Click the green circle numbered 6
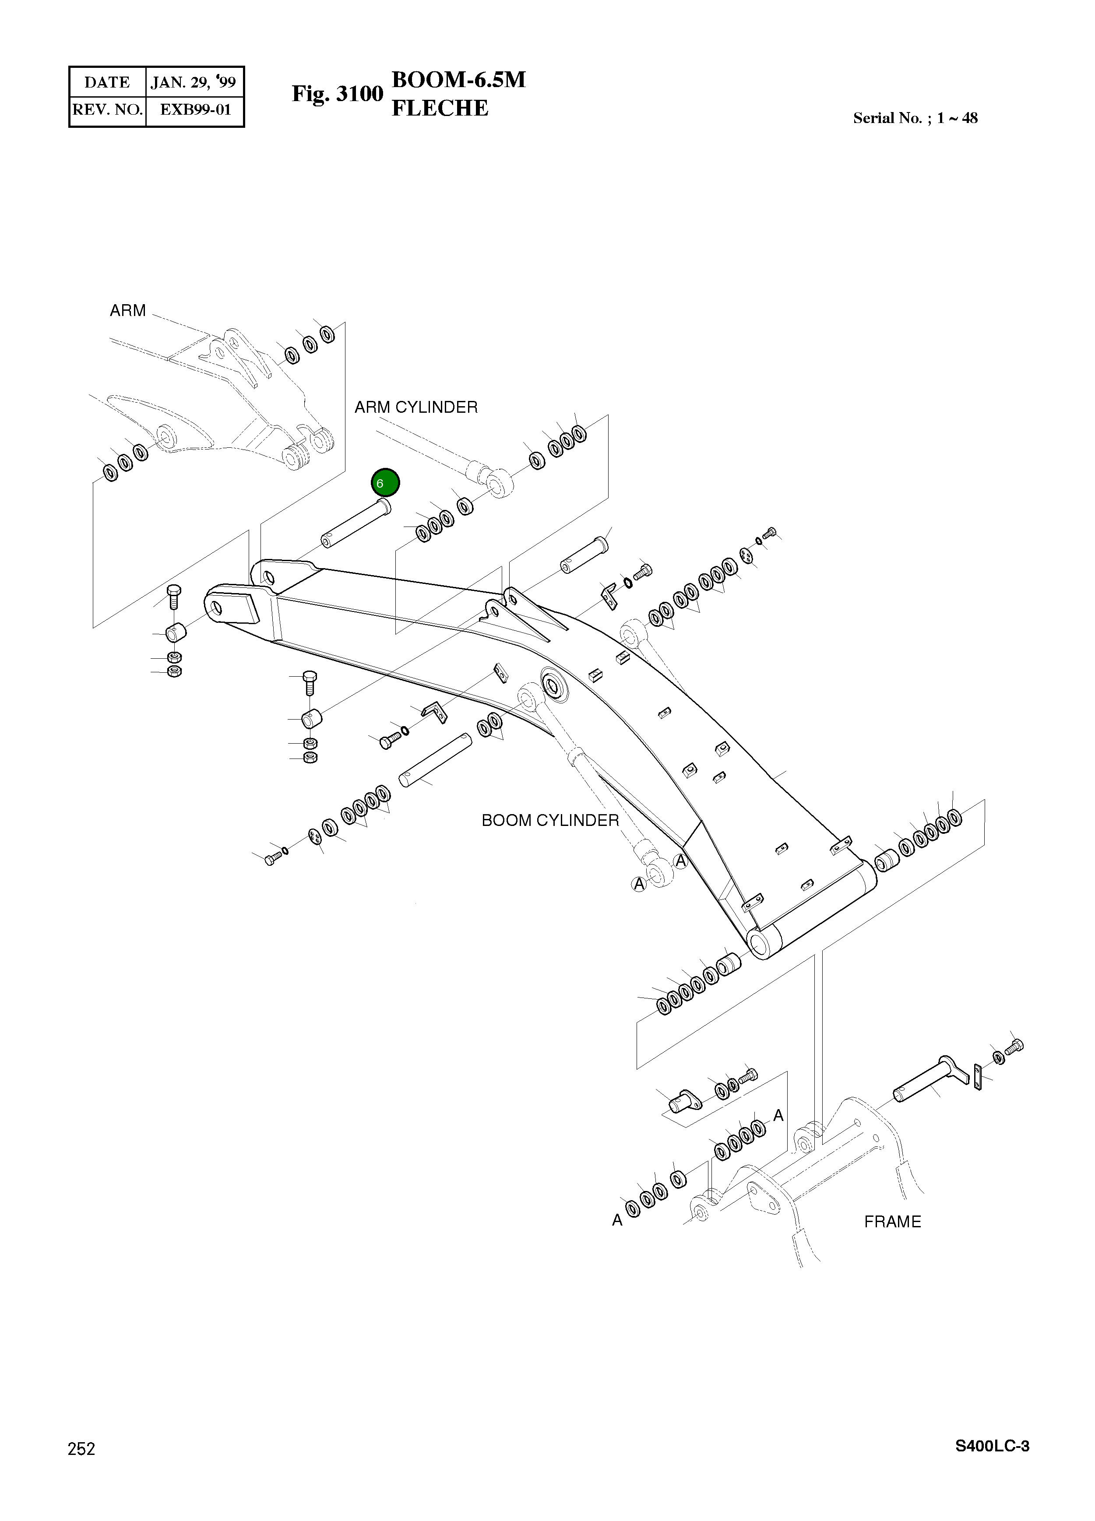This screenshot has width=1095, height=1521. [x=385, y=483]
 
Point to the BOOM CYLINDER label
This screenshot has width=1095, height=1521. [x=550, y=820]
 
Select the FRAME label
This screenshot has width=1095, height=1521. [x=892, y=1222]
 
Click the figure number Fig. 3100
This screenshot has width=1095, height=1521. [x=337, y=94]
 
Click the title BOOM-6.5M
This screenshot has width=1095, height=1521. [x=458, y=80]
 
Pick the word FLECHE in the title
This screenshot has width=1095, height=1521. [x=440, y=108]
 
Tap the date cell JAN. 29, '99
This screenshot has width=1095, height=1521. [x=193, y=82]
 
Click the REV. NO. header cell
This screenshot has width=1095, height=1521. [x=107, y=109]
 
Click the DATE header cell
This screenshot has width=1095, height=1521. [x=107, y=82]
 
